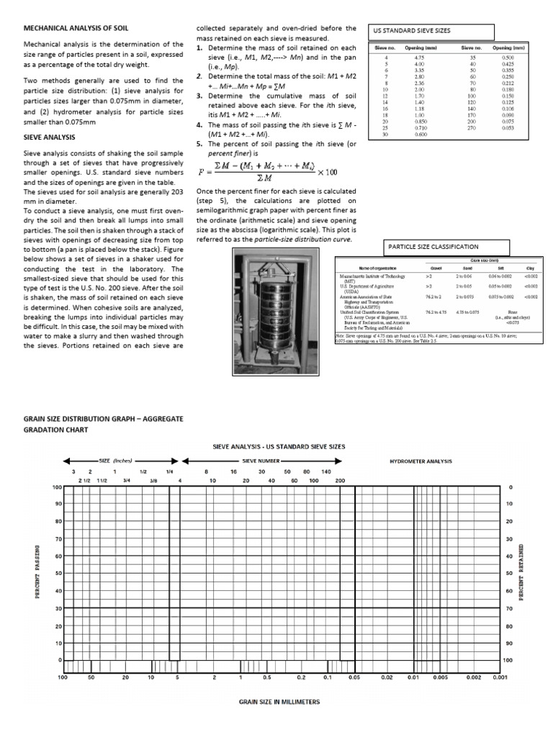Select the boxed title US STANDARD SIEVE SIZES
[x=411, y=32]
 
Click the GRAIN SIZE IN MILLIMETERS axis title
[x=279, y=701]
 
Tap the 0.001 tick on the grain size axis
[x=499, y=677]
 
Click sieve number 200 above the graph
[x=340, y=479]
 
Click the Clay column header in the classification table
[x=530, y=268]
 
